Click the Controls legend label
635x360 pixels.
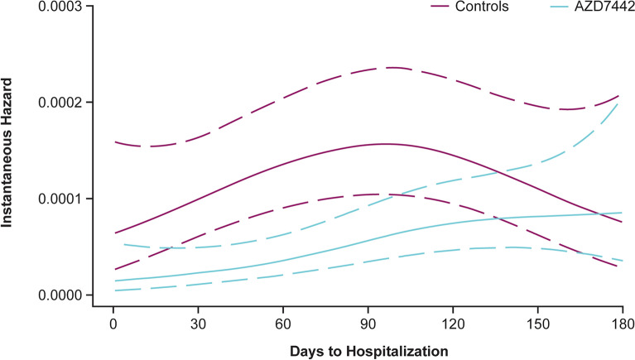click(482, 7)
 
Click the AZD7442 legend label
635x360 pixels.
click(604, 7)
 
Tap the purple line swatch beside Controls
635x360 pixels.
click(440, 7)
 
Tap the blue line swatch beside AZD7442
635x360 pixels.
click(560, 7)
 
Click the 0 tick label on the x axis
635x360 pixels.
click(113, 324)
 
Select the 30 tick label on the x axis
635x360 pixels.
click(198, 324)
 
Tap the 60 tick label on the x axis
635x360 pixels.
click(282, 324)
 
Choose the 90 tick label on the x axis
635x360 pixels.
click(368, 324)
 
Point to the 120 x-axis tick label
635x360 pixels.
click(453, 324)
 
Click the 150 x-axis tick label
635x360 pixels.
click(537, 324)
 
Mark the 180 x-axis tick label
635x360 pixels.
click(623, 324)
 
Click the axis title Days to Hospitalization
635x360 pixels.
click(369, 351)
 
